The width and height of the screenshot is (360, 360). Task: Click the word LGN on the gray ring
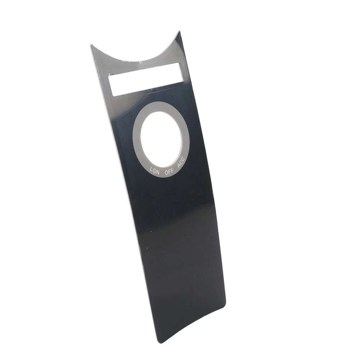point(155,171)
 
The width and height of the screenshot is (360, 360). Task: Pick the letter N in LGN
point(158,172)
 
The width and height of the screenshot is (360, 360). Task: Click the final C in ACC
point(183,160)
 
